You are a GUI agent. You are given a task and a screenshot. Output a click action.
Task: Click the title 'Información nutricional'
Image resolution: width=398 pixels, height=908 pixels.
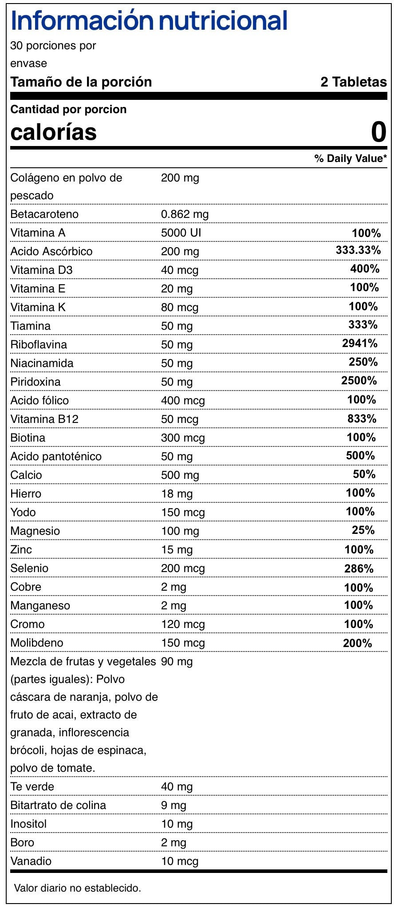click(149, 20)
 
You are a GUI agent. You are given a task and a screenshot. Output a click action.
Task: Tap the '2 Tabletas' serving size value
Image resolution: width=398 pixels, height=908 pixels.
click(353, 82)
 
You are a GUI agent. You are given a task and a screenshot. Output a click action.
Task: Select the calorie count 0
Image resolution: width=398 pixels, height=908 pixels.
click(378, 132)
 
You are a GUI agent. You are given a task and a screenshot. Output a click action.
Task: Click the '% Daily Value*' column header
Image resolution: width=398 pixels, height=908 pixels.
click(351, 158)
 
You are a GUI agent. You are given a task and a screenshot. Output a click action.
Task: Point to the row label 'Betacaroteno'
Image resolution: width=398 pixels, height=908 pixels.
click(44, 214)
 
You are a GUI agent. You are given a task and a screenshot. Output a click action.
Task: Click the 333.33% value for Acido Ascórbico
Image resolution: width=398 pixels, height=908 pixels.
click(358, 250)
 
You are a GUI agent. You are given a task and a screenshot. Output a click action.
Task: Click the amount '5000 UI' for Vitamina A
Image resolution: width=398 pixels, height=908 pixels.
click(181, 233)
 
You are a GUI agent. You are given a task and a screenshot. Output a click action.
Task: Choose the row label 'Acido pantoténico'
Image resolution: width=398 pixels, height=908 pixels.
click(56, 456)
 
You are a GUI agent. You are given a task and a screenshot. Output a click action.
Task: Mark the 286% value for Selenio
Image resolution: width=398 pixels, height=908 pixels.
click(359, 568)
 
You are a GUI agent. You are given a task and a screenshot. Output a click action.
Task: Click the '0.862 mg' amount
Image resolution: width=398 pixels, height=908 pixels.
click(185, 214)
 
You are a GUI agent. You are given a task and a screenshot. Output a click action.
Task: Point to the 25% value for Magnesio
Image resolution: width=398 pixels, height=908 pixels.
click(364, 530)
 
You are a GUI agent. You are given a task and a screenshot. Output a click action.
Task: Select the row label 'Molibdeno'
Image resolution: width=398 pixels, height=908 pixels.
click(37, 643)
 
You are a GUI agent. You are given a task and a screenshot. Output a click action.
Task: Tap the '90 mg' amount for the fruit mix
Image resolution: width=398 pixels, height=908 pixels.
click(177, 662)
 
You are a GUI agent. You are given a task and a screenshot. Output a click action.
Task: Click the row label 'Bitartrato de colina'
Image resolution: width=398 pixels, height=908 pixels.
click(58, 805)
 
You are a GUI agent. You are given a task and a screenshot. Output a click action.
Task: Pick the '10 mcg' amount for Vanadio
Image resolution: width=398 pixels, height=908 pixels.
click(180, 861)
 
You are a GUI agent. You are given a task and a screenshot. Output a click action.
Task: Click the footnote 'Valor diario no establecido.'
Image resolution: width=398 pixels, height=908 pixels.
click(78, 888)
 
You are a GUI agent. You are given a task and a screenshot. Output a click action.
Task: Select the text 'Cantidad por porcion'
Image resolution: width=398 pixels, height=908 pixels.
click(68, 109)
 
